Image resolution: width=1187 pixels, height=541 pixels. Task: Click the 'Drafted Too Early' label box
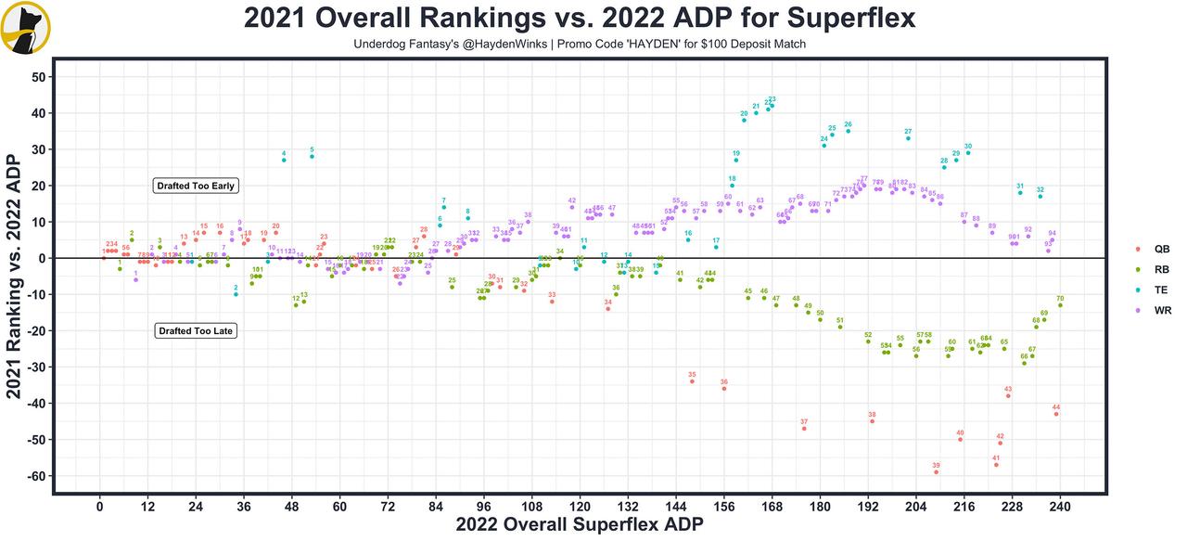click(x=197, y=186)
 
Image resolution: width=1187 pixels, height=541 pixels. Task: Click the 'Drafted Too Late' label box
click(x=195, y=330)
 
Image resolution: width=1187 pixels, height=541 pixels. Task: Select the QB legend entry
click(x=1154, y=250)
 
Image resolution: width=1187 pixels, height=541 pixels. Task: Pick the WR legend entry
click(x=1154, y=311)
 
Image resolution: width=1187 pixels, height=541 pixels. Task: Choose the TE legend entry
click(x=1154, y=290)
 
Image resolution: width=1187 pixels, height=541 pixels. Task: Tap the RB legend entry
click(x=1154, y=270)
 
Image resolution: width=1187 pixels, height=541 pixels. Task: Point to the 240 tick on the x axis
click(x=1060, y=508)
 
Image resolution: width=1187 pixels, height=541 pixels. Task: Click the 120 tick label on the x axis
click(x=580, y=508)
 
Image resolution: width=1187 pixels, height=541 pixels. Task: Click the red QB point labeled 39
click(x=937, y=472)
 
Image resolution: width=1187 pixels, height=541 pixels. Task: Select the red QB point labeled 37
click(x=804, y=429)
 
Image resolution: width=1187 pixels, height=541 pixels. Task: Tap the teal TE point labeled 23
click(x=772, y=106)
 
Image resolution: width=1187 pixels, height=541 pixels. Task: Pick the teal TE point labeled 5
click(x=312, y=157)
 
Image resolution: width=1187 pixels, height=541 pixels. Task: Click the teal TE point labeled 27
click(x=908, y=138)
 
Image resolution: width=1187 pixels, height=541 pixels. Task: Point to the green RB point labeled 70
click(x=1060, y=305)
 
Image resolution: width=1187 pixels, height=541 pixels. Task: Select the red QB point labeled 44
click(x=1056, y=414)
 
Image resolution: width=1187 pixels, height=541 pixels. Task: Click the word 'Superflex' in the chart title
click(x=849, y=19)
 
